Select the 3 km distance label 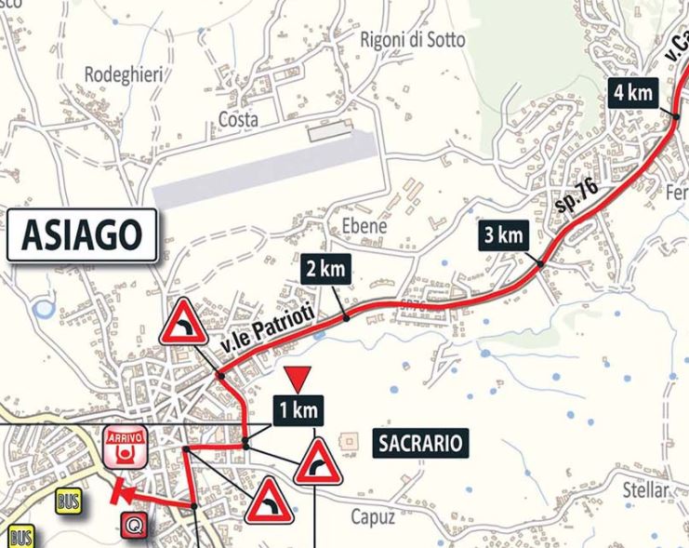click(504, 235)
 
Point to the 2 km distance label click(325, 270)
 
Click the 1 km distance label click(297, 408)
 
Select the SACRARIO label click(419, 443)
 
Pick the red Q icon click(135, 526)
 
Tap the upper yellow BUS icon click(67, 501)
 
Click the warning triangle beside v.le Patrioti click(183, 323)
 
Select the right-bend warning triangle click(319, 461)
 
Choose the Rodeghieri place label click(120, 74)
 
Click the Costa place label click(237, 119)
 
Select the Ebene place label click(363, 226)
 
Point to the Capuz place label click(374, 516)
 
